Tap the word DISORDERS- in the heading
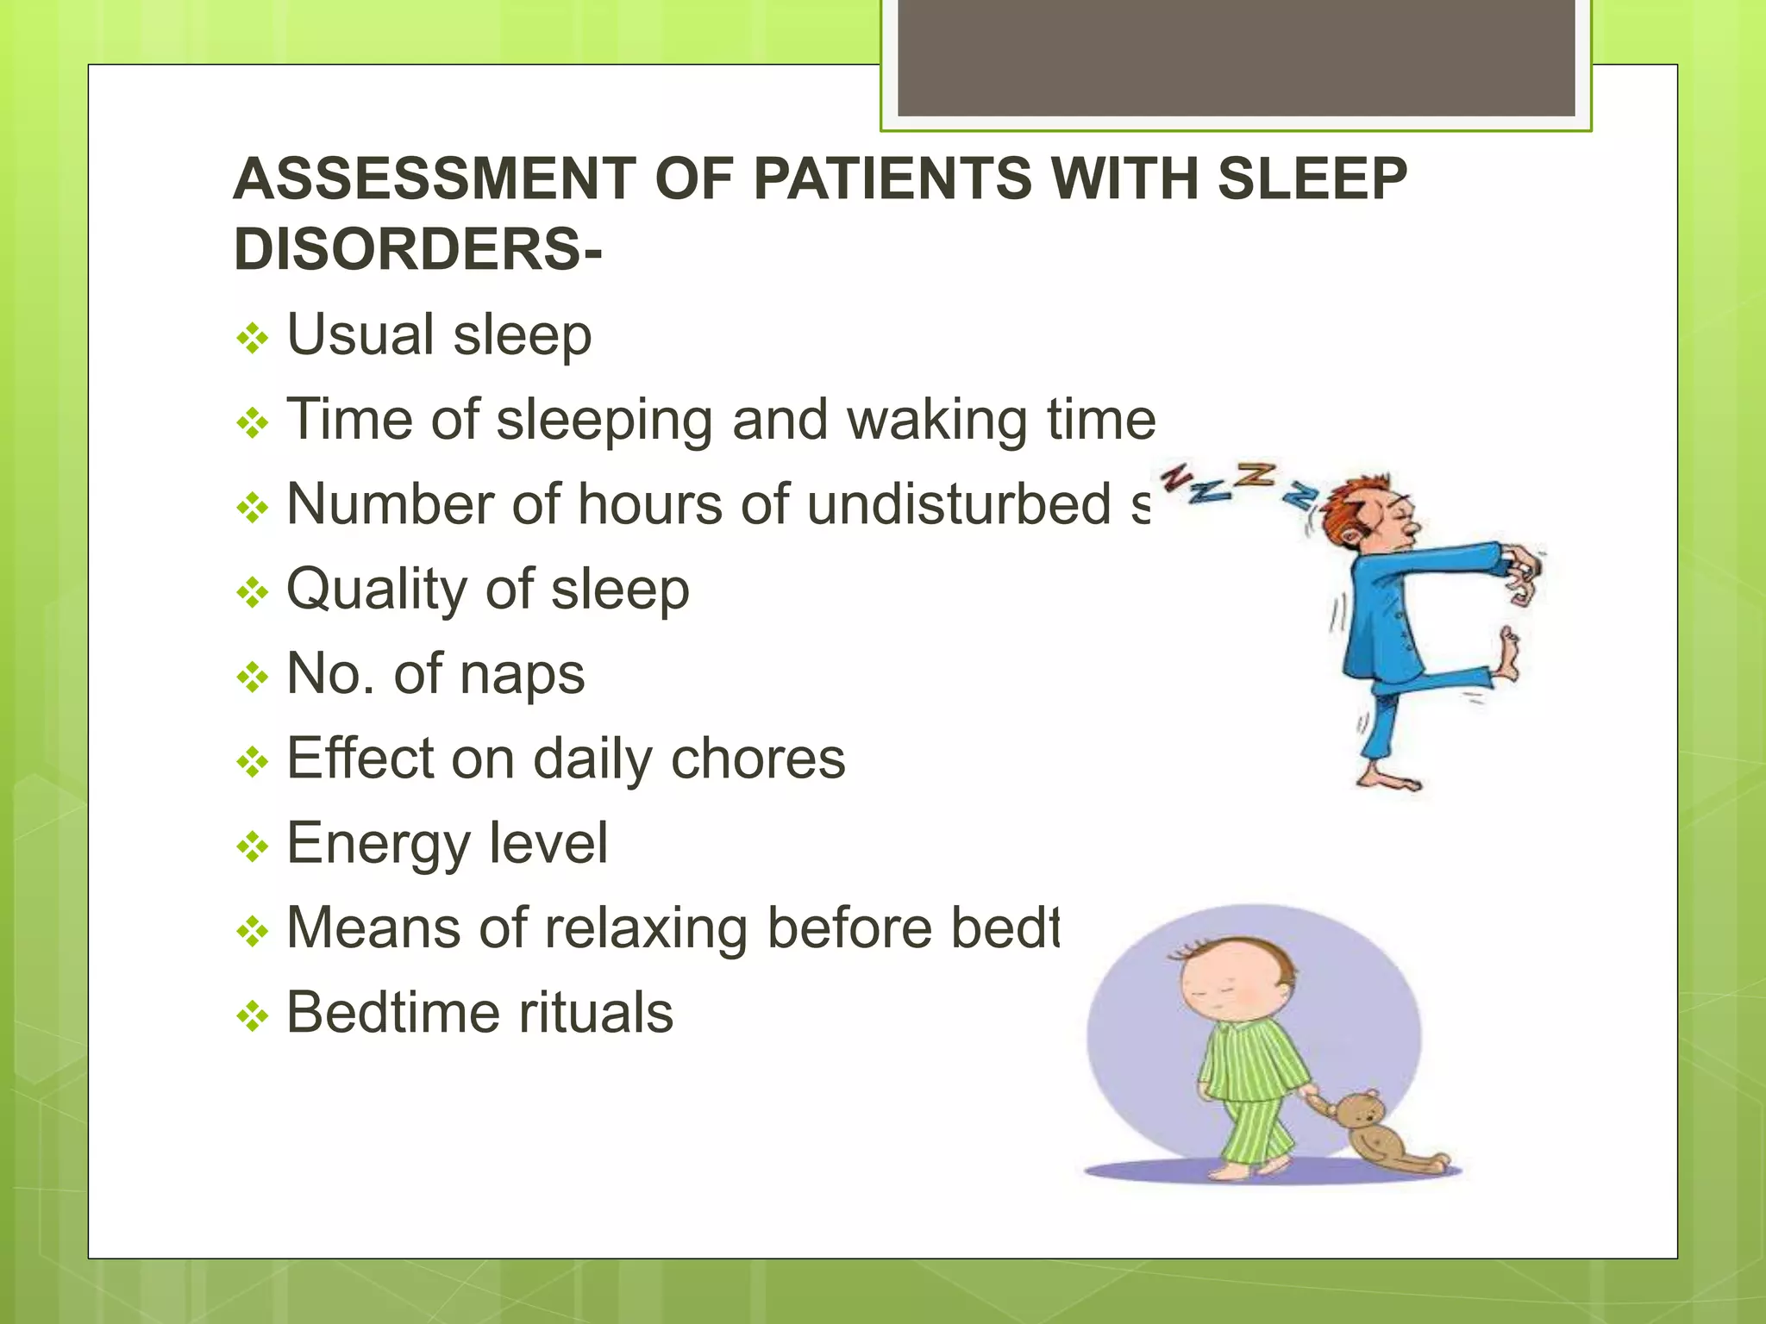pyautogui.click(x=417, y=250)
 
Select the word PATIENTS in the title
pyautogui.click(x=892, y=179)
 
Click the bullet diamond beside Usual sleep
pyautogui.click(x=252, y=339)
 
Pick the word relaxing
pyautogui.click(x=646, y=928)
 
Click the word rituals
pyautogui.click(x=595, y=1013)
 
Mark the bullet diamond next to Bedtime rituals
pyautogui.click(x=252, y=1017)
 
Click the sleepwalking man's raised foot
pyautogui.click(x=1508, y=655)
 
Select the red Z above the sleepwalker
pyautogui.click(x=1177, y=478)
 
